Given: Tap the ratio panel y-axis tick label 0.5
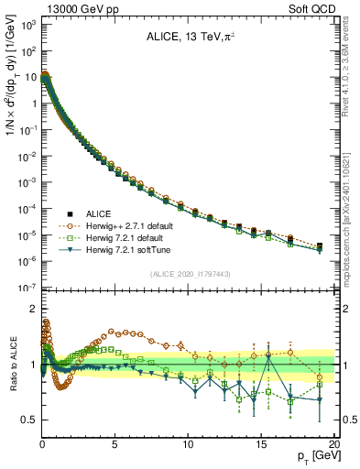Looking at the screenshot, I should click(29, 420).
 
